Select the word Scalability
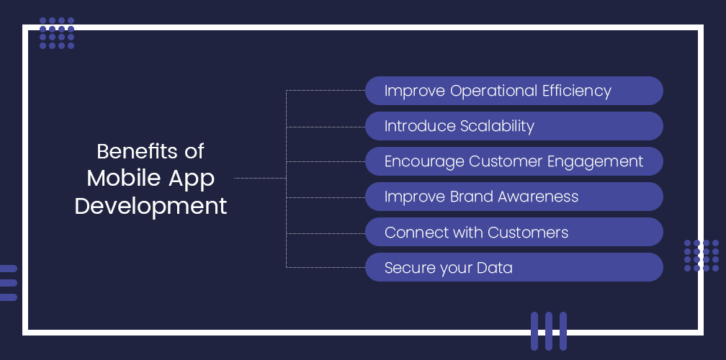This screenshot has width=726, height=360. [x=497, y=126]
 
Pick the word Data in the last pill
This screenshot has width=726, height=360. [x=496, y=268]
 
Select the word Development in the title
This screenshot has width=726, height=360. [x=151, y=206]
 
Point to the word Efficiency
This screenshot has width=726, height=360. [x=576, y=91]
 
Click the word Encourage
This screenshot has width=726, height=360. [x=424, y=161]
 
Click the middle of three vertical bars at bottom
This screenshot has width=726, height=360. [x=549, y=330]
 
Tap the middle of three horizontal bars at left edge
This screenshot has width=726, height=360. [x=8, y=283]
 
